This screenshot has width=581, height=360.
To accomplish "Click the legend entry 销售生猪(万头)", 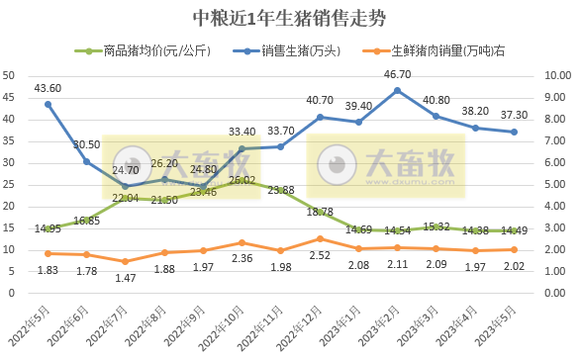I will tap(305, 50).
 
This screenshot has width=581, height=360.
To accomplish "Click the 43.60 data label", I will tap(48, 88).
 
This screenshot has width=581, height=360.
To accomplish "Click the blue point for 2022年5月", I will tap(48, 104).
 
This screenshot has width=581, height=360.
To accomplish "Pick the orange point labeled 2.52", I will tap(320, 238).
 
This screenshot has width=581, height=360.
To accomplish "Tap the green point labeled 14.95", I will tap(48, 228).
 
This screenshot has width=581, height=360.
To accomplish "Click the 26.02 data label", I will tap(242, 181).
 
